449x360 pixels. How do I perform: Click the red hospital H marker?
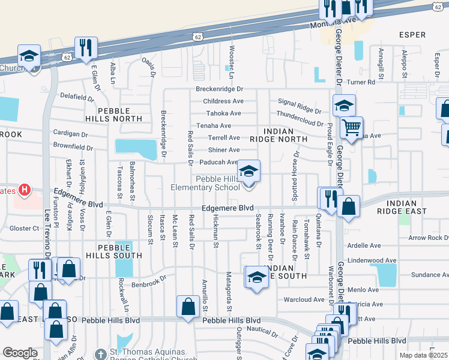(x=24, y=191)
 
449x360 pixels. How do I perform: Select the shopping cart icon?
(x=351, y=127)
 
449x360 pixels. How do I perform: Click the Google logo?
(x=20, y=353)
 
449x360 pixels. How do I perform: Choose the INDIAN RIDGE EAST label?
(x=402, y=207)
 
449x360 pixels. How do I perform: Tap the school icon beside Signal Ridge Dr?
(x=344, y=106)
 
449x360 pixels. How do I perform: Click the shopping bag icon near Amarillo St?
(x=188, y=306)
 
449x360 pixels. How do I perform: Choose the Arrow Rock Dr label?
(x=427, y=238)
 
